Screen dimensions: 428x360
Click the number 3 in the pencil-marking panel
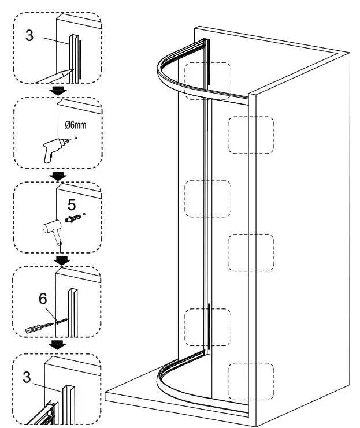29,35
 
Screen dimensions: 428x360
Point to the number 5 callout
72,205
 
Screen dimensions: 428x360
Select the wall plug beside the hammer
72,220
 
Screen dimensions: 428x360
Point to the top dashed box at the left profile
207,81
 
